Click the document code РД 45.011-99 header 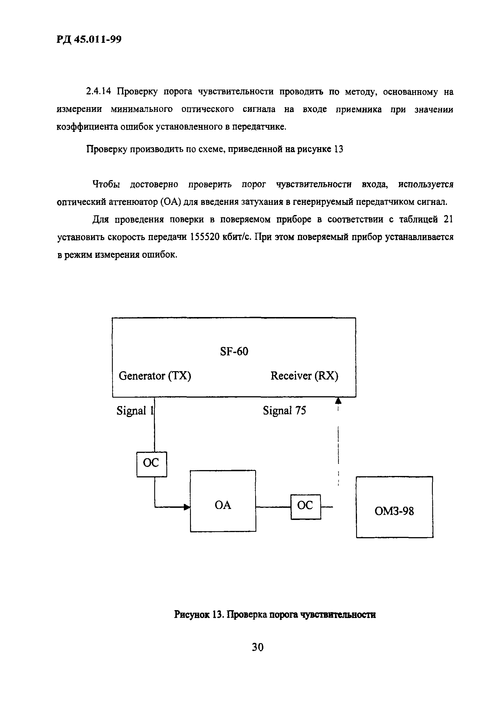[x=89, y=39]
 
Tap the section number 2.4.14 [x=98, y=91]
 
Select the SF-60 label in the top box [x=234, y=351]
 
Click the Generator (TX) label [x=155, y=375]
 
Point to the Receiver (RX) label [x=304, y=375]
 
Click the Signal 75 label [x=284, y=410]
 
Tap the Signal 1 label [x=134, y=410]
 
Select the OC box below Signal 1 [x=151, y=464]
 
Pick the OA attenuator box [x=223, y=505]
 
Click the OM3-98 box [x=394, y=511]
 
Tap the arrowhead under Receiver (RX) [x=338, y=400]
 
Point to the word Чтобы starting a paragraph [x=106, y=184]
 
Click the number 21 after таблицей [x=448, y=220]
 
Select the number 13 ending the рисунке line [x=339, y=149]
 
